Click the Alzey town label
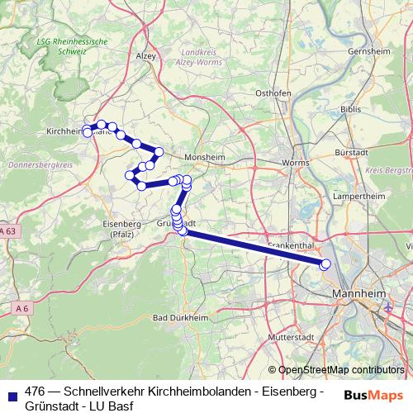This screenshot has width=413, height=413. coord(145,55)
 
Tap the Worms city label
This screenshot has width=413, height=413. coord(295,164)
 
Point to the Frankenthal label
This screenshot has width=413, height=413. coord(289,246)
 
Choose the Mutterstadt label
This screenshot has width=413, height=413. coord(288,339)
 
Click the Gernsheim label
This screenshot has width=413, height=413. coord(368,51)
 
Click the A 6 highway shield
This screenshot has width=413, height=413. coord(21,308)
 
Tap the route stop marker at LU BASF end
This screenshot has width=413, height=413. coord(325,264)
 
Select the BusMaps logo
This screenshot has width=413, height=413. coord(373,394)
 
